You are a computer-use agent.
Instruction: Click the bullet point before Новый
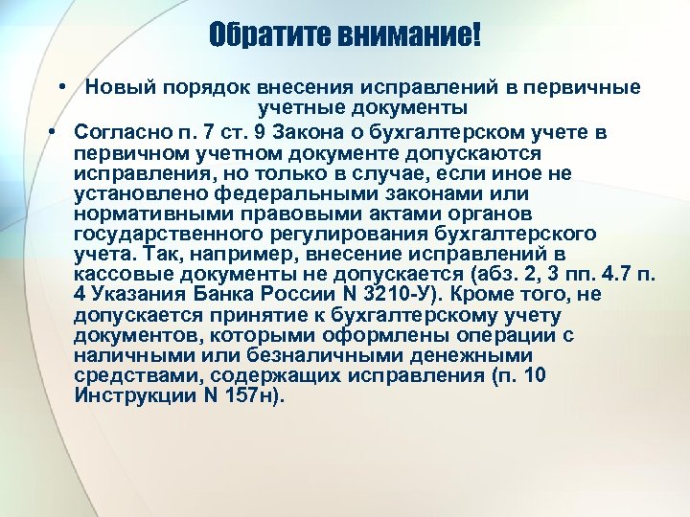(60, 88)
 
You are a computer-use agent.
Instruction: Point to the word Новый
(115, 88)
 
